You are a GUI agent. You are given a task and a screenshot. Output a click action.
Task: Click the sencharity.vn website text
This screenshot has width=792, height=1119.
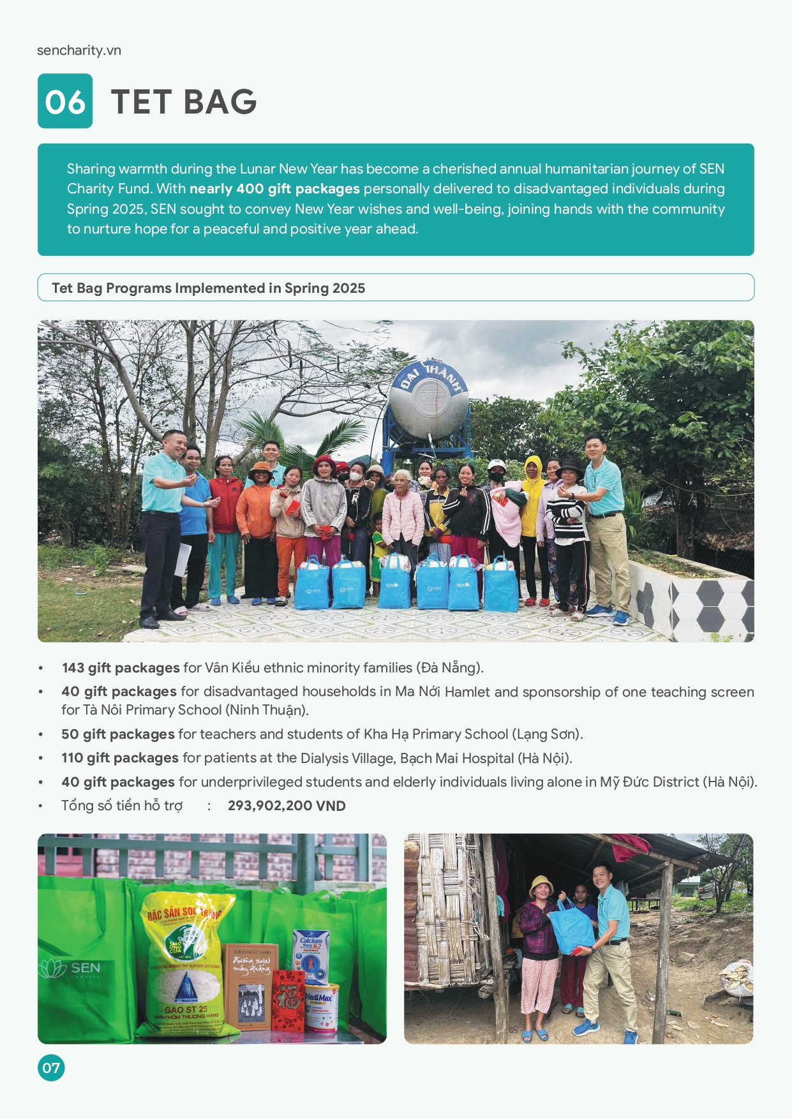coord(79,50)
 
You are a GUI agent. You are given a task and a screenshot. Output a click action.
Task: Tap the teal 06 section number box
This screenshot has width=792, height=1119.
coord(65,101)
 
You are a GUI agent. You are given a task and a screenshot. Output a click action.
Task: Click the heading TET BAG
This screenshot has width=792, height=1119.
coord(184,102)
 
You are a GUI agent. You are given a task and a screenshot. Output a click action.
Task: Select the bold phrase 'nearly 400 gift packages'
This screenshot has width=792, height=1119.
coord(274,189)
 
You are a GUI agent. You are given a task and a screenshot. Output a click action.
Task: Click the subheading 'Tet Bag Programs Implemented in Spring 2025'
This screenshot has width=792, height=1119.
coord(208,288)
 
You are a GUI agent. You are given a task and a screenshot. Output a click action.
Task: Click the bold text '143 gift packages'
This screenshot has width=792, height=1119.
coord(121,668)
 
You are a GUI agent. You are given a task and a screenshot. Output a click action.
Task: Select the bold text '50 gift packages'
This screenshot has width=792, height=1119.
coord(118,734)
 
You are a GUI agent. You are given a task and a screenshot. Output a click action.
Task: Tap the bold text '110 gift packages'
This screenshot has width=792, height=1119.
coord(120,758)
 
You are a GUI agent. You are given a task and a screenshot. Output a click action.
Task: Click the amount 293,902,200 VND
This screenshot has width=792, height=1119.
coord(287,806)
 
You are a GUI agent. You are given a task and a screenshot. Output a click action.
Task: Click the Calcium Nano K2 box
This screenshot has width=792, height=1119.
coord(311,954)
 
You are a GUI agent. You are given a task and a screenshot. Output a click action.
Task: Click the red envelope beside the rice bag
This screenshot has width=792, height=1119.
coord(288,1000)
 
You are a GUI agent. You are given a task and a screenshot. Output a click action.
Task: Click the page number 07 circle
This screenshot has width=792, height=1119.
coord(51,1067)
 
